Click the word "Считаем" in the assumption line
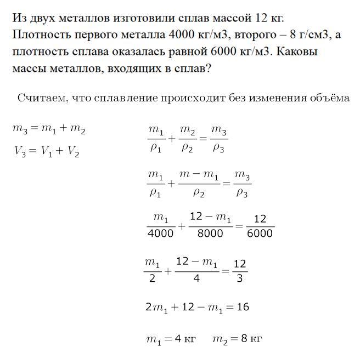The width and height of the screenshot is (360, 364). coord(42,98)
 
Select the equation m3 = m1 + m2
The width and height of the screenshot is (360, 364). coord(49,129)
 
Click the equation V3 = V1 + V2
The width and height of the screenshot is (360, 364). coord(47,152)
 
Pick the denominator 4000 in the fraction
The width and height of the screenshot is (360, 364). coord(161,233)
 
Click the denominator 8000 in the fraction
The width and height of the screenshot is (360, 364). coord(210,233)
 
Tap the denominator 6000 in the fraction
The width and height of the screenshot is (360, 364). coord(260,233)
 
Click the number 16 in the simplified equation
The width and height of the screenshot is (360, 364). coord(242,307)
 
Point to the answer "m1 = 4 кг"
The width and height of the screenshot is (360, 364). coord(171,339)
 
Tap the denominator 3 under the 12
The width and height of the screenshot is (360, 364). coord(240,277)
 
